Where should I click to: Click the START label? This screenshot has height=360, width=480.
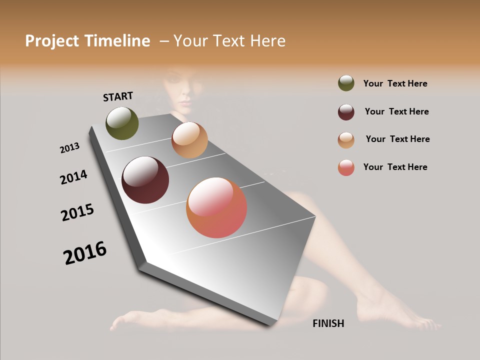(x=118, y=96)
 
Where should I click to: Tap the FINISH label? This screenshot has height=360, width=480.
(x=328, y=323)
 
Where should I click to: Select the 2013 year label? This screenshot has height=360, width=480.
(x=69, y=148)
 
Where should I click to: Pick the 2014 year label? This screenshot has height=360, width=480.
(x=73, y=177)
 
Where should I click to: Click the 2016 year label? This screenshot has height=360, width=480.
(x=85, y=252)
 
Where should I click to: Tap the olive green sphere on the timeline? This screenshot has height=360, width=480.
(x=122, y=123)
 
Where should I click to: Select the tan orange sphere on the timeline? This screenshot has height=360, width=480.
(x=189, y=140)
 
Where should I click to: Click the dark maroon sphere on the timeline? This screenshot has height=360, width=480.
(x=145, y=180)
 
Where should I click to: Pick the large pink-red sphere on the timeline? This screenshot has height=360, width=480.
(x=216, y=207)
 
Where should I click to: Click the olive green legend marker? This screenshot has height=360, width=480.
(x=346, y=83)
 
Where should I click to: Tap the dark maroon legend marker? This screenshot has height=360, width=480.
(x=346, y=112)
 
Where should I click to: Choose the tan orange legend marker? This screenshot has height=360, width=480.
(x=346, y=140)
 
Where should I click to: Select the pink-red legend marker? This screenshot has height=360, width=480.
(x=346, y=167)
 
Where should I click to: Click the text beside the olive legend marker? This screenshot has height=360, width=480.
(x=395, y=84)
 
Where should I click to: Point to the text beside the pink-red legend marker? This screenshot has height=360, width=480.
(x=395, y=167)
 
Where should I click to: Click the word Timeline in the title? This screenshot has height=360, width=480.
(x=117, y=41)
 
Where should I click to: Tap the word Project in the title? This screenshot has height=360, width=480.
(x=52, y=41)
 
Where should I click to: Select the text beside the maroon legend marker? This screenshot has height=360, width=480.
(x=396, y=111)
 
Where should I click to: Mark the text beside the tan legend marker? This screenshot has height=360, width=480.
(x=397, y=139)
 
